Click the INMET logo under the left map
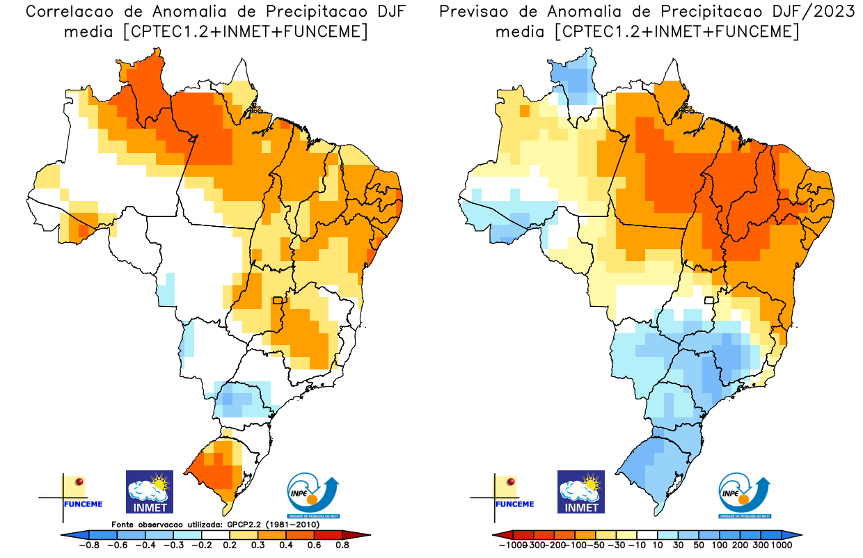pos(149,492)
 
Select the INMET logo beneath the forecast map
pos(581,492)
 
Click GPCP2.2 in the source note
pos(245,524)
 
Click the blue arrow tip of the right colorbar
pos(795,534)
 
